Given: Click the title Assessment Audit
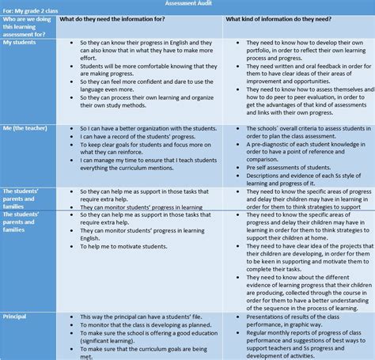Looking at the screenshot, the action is (x=187, y=4).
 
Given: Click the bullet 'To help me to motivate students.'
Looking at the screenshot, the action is (x=130, y=248).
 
